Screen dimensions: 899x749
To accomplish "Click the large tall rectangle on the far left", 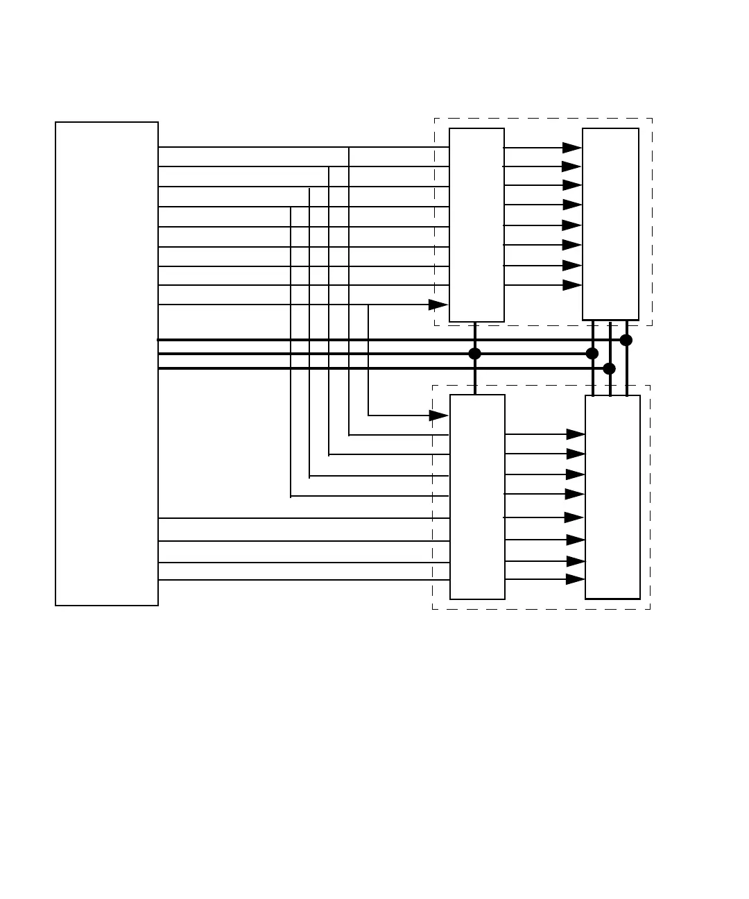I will coord(107,363).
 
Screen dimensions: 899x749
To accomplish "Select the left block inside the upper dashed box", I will coord(476,225).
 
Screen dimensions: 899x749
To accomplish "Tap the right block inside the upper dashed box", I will coord(610,223).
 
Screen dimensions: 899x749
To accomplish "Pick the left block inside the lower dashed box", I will coord(477,497).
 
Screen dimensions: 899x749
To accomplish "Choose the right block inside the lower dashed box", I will coord(612,497).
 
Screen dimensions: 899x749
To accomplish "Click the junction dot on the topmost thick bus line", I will coord(626,340).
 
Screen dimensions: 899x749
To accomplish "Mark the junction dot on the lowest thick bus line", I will coord(610,368).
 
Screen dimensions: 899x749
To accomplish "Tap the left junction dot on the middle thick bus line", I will coord(475,354).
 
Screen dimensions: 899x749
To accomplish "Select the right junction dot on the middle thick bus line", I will coord(592,354).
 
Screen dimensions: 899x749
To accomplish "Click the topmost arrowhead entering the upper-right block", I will coord(572,147).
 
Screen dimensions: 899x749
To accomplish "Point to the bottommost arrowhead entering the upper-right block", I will coord(572,285).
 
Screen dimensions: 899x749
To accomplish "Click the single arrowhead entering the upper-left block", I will coord(438,305).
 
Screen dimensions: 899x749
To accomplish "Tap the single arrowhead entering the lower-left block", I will coord(439,416).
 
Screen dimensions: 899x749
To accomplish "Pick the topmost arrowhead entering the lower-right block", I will coord(576,434).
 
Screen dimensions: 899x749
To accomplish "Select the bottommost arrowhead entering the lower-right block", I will coord(576,579).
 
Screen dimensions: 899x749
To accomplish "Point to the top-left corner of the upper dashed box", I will coord(435,119).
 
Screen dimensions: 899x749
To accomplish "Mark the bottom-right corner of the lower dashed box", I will coord(650,609).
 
